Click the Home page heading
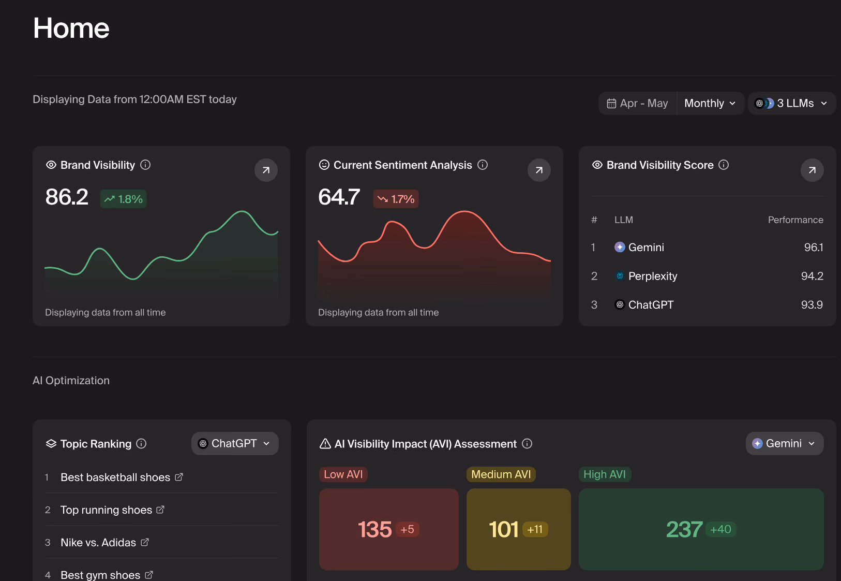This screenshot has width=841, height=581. point(71,28)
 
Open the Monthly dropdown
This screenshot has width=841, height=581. point(710,104)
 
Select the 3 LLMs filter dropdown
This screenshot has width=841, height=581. point(791,104)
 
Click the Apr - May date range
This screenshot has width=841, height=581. point(638,104)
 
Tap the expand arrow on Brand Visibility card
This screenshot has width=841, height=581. point(266,170)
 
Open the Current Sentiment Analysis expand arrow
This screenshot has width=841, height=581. point(539,170)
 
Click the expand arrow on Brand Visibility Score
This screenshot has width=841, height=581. point(812,170)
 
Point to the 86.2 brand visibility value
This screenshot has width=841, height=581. point(67,197)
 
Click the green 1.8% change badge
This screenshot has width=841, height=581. point(123,199)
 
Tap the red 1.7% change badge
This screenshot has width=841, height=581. point(396,199)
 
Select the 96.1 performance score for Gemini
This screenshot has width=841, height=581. point(814,248)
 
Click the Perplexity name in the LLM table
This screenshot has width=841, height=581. point(653,276)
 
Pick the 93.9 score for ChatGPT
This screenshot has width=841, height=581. point(812,305)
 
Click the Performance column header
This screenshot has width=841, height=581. point(795,220)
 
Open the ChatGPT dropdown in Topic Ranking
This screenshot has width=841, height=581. point(235,443)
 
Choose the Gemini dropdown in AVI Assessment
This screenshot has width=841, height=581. point(785,443)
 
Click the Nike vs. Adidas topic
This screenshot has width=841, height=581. point(98,542)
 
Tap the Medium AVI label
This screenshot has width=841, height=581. point(501,474)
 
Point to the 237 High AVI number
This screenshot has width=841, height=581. point(684,529)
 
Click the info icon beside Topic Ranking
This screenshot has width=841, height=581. point(141,444)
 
